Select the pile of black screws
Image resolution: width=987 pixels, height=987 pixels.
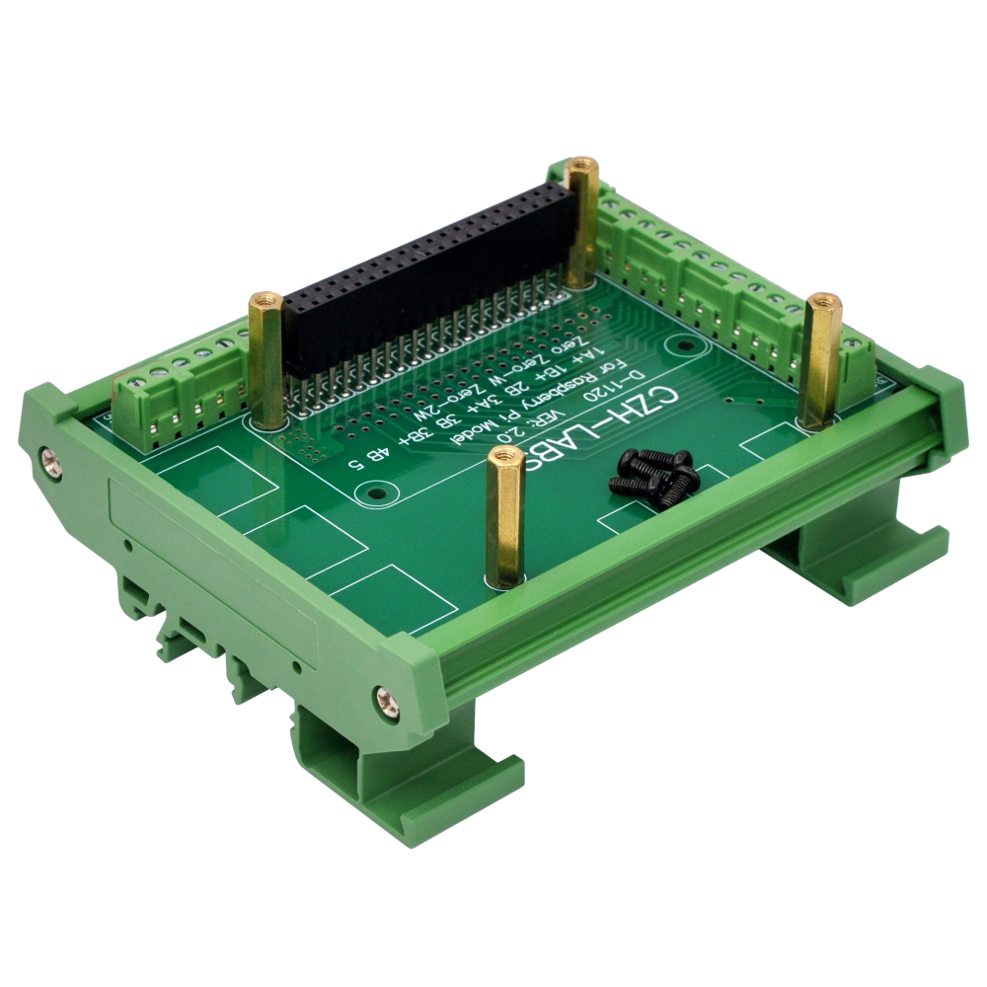point(654,472)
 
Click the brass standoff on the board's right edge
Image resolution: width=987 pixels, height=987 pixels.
point(820,360)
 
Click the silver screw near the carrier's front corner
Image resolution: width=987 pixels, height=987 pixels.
point(383,699)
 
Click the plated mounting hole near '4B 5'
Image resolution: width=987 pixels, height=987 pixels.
point(374,491)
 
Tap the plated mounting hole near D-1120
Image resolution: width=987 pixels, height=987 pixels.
point(679,345)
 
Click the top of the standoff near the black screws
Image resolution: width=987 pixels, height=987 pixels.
point(506,456)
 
